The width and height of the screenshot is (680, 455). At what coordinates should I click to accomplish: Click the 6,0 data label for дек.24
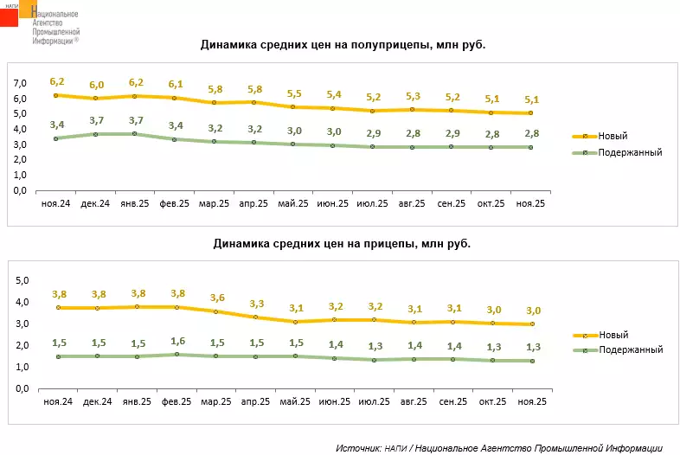coord(97,85)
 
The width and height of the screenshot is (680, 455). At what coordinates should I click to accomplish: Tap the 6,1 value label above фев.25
coord(176,84)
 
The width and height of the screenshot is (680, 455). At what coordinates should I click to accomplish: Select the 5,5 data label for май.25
coord(294,93)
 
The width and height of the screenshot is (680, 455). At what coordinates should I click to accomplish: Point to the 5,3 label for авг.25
coord(413,96)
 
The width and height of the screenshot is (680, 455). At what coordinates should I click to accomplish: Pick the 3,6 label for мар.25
coord(215,298)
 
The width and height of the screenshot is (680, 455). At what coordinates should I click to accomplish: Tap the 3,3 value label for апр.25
coord(255,304)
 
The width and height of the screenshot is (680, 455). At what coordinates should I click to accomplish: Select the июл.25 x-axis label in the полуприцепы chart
coord(372,203)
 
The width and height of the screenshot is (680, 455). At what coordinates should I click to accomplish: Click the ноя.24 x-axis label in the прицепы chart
coord(57,402)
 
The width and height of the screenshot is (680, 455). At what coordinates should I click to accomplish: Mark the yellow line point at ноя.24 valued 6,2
coord(55,95)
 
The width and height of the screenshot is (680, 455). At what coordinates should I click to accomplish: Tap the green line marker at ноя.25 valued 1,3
coord(531,361)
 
